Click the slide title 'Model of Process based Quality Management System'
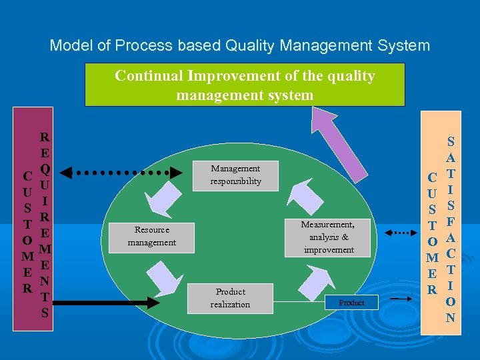tap(240, 46)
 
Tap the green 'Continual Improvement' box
tap(245, 85)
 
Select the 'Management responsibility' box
tap(235, 175)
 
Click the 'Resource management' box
tap(152, 235)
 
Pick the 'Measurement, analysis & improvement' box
tap(328, 237)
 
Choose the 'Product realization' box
tap(230, 298)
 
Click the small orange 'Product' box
tap(351, 303)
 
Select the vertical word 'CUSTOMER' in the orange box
tap(433, 234)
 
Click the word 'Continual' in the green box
tap(149, 76)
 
